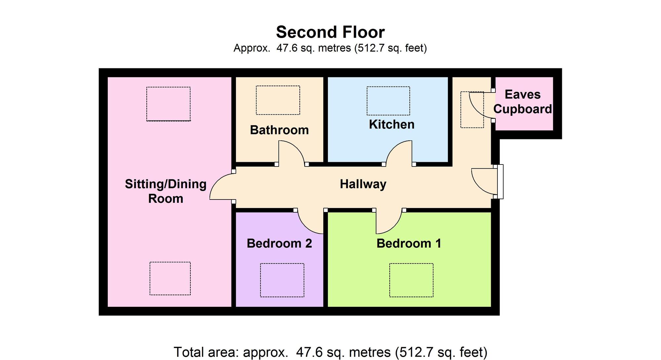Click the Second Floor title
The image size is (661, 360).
(x=330, y=32)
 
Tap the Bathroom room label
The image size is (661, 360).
(x=279, y=130)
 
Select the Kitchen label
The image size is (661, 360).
(x=392, y=124)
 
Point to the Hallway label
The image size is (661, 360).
(x=363, y=184)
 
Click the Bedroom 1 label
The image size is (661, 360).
(x=409, y=243)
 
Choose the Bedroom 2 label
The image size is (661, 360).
(x=279, y=243)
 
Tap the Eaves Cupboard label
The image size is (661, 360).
(x=523, y=102)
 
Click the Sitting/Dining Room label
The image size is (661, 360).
(x=166, y=191)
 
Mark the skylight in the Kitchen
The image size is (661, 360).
(x=388, y=101)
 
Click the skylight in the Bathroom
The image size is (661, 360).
(x=278, y=100)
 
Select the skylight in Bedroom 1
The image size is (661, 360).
(x=411, y=280)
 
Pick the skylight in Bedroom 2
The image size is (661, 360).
(x=282, y=280)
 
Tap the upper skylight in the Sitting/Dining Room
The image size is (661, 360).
(x=169, y=104)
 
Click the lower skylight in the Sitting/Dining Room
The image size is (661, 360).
(x=170, y=278)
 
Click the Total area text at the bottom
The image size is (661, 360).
(x=330, y=352)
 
